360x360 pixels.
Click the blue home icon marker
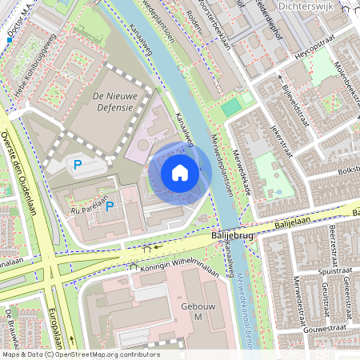[x=180, y=173]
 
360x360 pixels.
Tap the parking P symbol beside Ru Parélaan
[x=110, y=206]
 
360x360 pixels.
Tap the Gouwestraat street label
[x=324, y=327]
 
